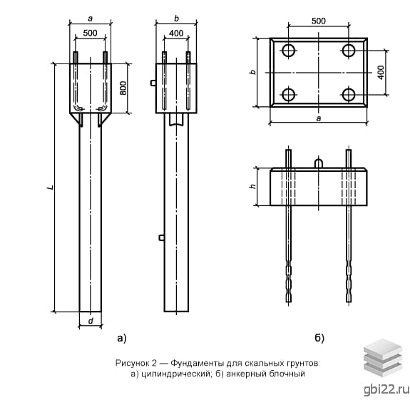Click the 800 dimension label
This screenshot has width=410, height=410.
click(123, 88)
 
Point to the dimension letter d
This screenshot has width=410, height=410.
click(91, 321)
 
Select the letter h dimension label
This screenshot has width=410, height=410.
click(252, 186)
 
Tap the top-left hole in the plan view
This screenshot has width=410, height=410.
click(289, 51)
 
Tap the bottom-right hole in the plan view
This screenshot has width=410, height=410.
click(349, 95)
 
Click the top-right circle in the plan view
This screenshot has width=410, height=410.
click(349, 51)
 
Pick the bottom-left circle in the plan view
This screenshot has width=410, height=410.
click(289, 95)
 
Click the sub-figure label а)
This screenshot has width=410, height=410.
click(122, 338)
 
